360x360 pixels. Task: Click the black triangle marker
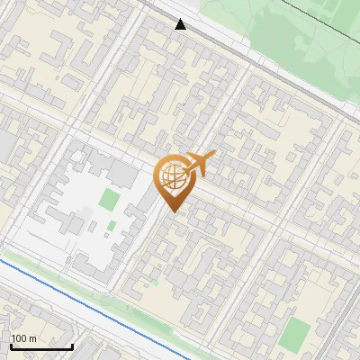(181, 23)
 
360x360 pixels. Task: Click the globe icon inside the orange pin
(172, 179)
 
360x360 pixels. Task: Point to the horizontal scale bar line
(40, 346)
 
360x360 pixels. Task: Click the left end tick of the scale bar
(10, 345)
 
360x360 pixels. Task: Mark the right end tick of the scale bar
(72, 345)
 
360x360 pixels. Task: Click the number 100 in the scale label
(19, 338)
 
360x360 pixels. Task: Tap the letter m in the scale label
(32, 338)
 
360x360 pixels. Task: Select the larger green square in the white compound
(110, 199)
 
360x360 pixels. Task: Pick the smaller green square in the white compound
(111, 226)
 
